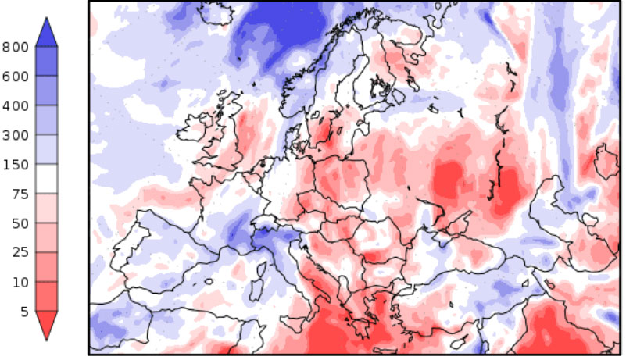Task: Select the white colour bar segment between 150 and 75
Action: (x=46, y=180)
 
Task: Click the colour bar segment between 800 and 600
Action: (x=46, y=62)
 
